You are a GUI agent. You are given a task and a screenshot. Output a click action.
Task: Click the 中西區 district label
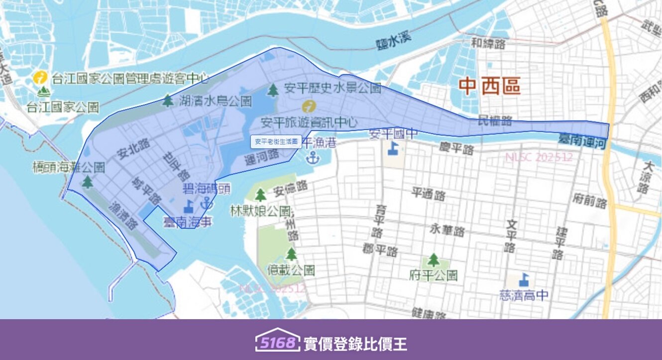point(489,87)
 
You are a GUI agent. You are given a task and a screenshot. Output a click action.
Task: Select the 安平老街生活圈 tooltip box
point(276,141)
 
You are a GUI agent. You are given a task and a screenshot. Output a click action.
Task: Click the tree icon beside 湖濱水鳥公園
point(168,101)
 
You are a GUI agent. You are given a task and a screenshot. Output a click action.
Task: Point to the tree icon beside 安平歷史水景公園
point(273,90)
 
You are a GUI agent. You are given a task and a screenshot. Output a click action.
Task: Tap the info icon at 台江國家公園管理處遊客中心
point(40,78)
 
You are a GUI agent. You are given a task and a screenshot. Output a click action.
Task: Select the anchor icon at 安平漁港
point(312,158)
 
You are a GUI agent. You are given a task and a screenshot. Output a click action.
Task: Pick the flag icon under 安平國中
point(393,148)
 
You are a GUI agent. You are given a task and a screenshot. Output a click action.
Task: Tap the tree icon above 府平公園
point(434,259)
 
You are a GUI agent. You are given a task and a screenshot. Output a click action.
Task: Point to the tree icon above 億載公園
point(291,254)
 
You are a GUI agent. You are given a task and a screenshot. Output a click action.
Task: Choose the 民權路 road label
point(495,120)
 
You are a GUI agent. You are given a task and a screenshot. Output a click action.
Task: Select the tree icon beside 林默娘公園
point(260,195)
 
